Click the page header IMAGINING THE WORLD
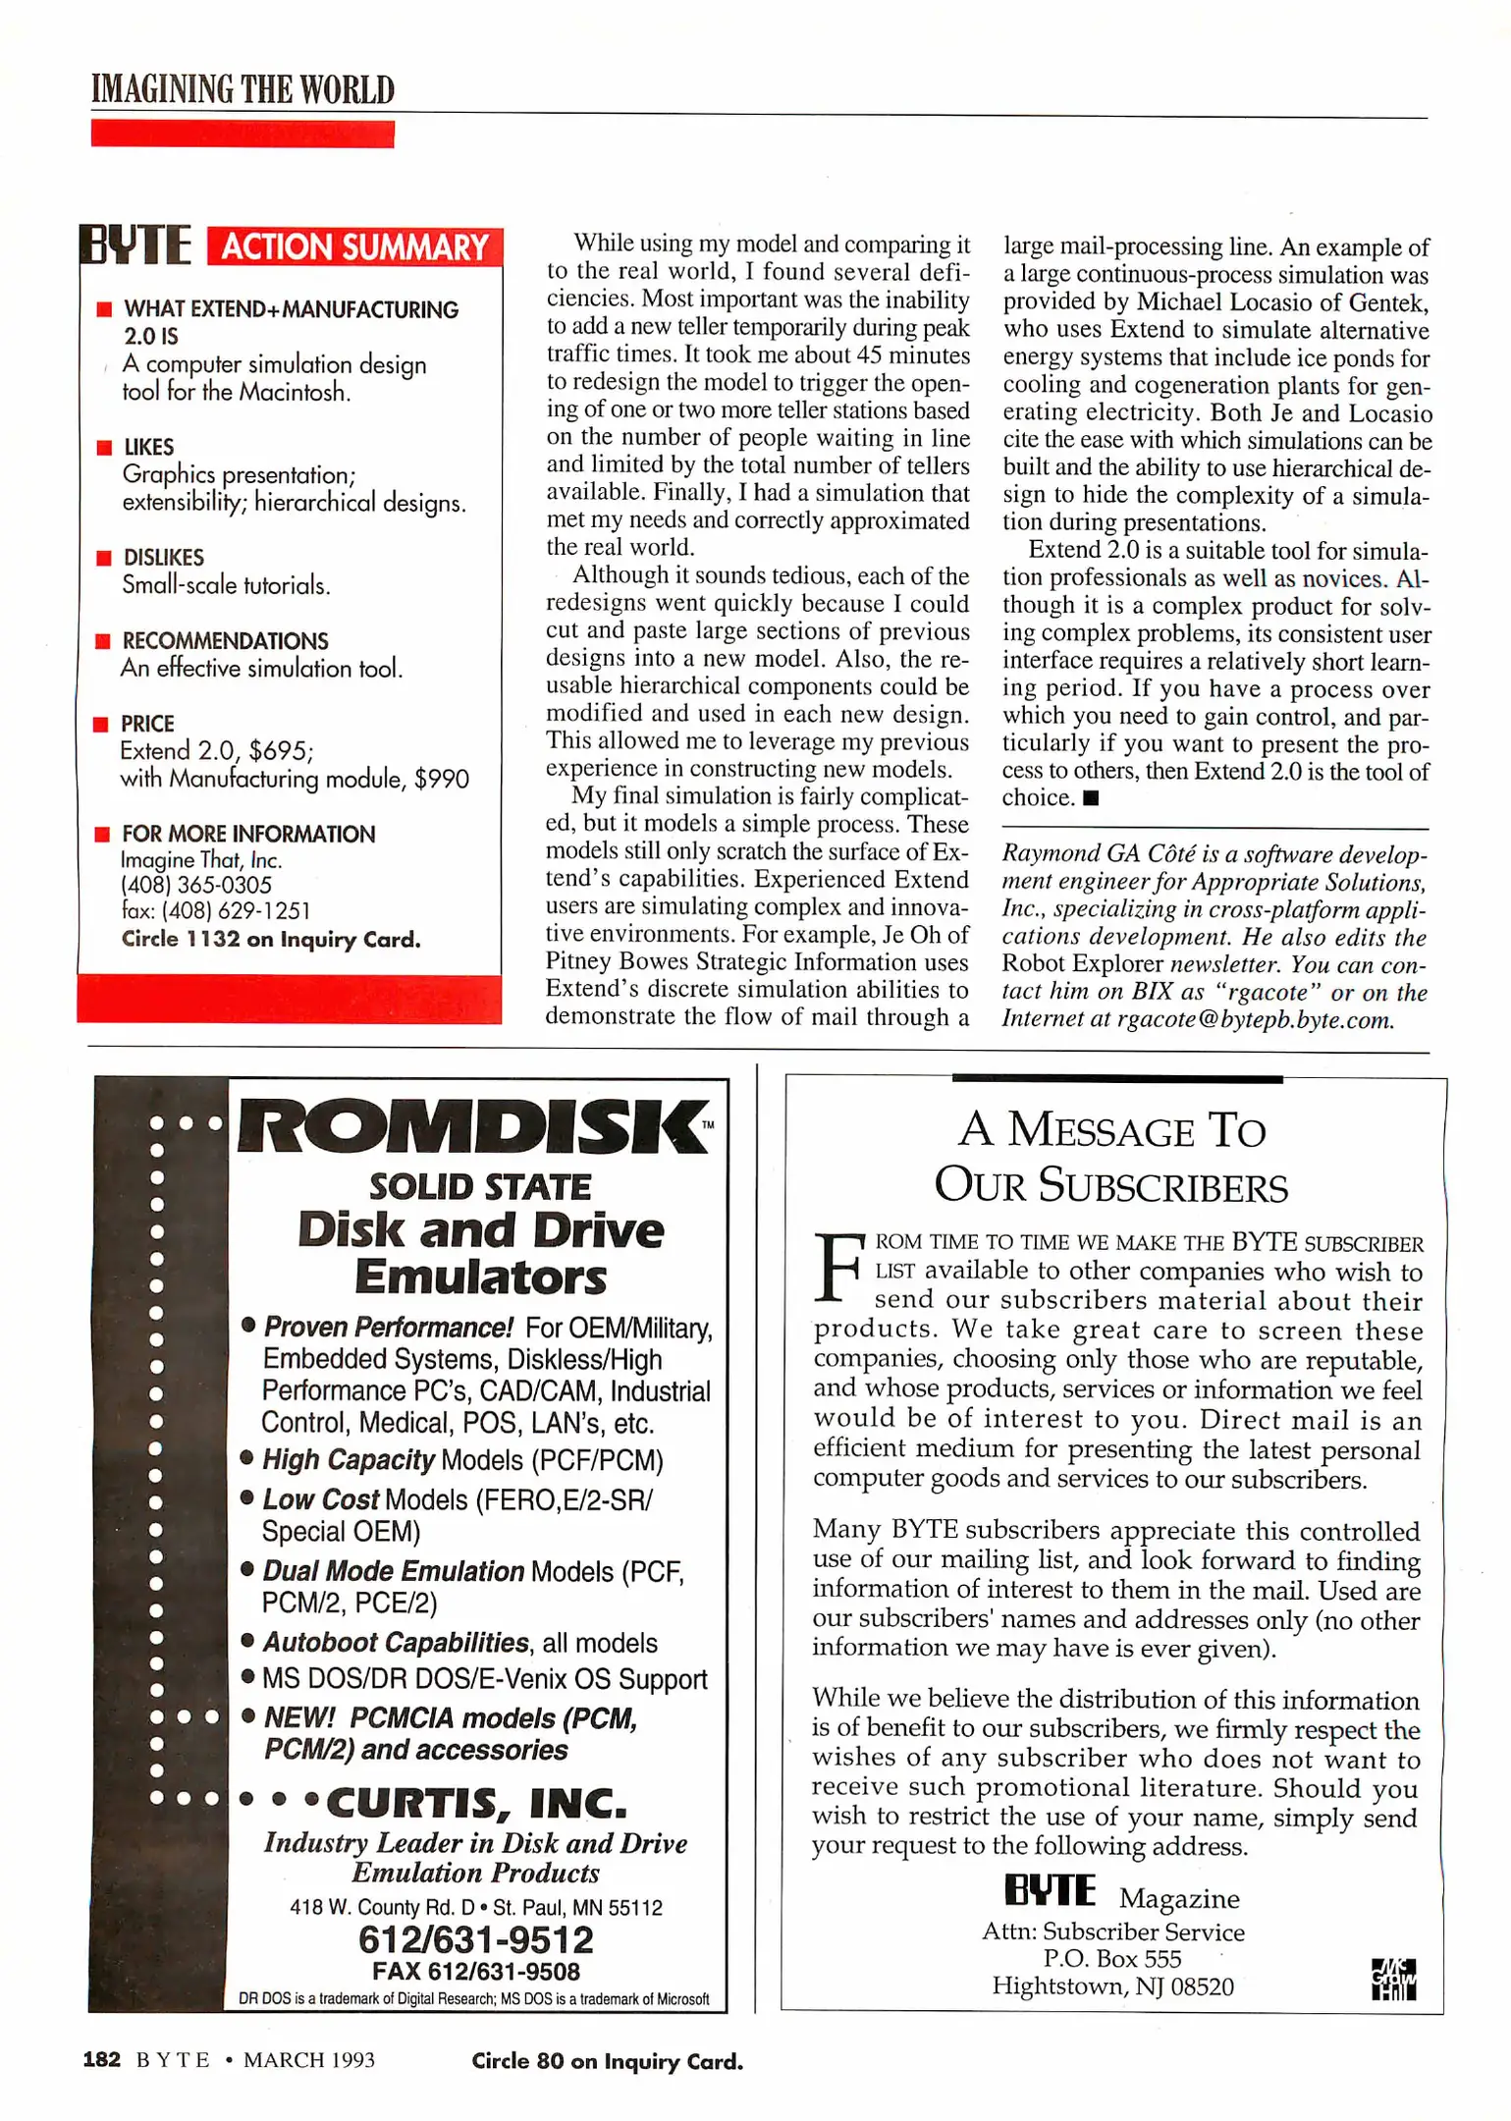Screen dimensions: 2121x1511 (x=243, y=90)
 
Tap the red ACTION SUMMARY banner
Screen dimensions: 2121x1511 (x=354, y=246)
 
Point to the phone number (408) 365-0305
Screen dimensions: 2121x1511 (x=195, y=886)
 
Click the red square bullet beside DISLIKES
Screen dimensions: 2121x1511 (x=103, y=558)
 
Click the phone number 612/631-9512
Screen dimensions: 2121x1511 (x=475, y=1940)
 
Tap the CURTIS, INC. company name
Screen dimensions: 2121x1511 (x=475, y=1803)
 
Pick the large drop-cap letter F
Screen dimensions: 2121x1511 (x=839, y=1268)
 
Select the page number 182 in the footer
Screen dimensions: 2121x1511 (x=101, y=2059)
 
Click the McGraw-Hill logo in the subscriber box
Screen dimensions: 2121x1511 (x=1393, y=1980)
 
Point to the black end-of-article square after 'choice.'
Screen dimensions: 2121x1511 (x=1090, y=798)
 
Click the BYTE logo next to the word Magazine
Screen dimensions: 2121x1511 (x=1049, y=1890)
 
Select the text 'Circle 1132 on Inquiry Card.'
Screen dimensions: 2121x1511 (x=271, y=940)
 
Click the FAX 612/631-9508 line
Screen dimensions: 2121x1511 (x=475, y=1972)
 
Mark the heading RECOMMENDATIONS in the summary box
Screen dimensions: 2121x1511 (x=225, y=641)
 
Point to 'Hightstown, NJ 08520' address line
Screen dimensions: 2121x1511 (x=1111, y=1986)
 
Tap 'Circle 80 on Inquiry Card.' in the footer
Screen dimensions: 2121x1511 (x=607, y=2061)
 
